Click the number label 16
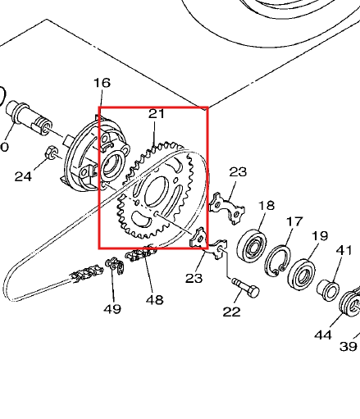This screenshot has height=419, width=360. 102,83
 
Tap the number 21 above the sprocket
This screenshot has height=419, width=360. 157,115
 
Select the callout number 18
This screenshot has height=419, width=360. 267,205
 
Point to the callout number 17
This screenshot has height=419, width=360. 294,221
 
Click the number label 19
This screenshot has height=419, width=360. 319,236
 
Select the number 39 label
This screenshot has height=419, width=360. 349,347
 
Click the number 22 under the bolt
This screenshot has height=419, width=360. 232,312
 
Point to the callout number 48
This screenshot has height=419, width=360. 154,299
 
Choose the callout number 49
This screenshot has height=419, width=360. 112,309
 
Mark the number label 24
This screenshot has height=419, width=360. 23,175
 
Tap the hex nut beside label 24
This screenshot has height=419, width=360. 50,152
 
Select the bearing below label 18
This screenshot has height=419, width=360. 253,243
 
